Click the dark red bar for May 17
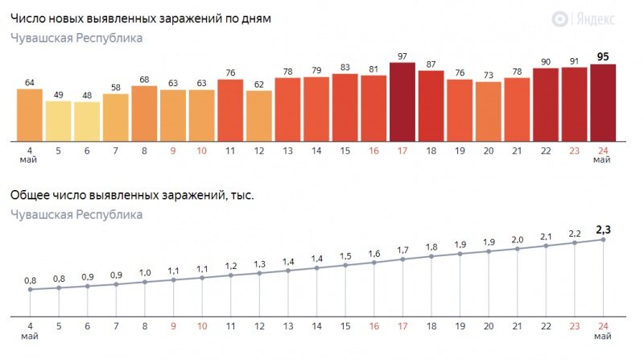point(402,101)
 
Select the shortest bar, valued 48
point(87,121)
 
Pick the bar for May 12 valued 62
point(259,115)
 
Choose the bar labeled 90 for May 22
point(546,104)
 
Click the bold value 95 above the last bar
point(603,56)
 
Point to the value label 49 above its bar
point(59,93)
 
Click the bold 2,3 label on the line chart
point(603,230)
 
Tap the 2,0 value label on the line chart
point(517,239)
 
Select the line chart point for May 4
point(30,289)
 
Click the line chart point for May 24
point(603,239)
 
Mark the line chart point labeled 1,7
point(402,259)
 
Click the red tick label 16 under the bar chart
point(374,150)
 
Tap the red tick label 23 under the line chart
point(574,328)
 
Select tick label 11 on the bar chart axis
point(230,150)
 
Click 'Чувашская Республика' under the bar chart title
point(76,38)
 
